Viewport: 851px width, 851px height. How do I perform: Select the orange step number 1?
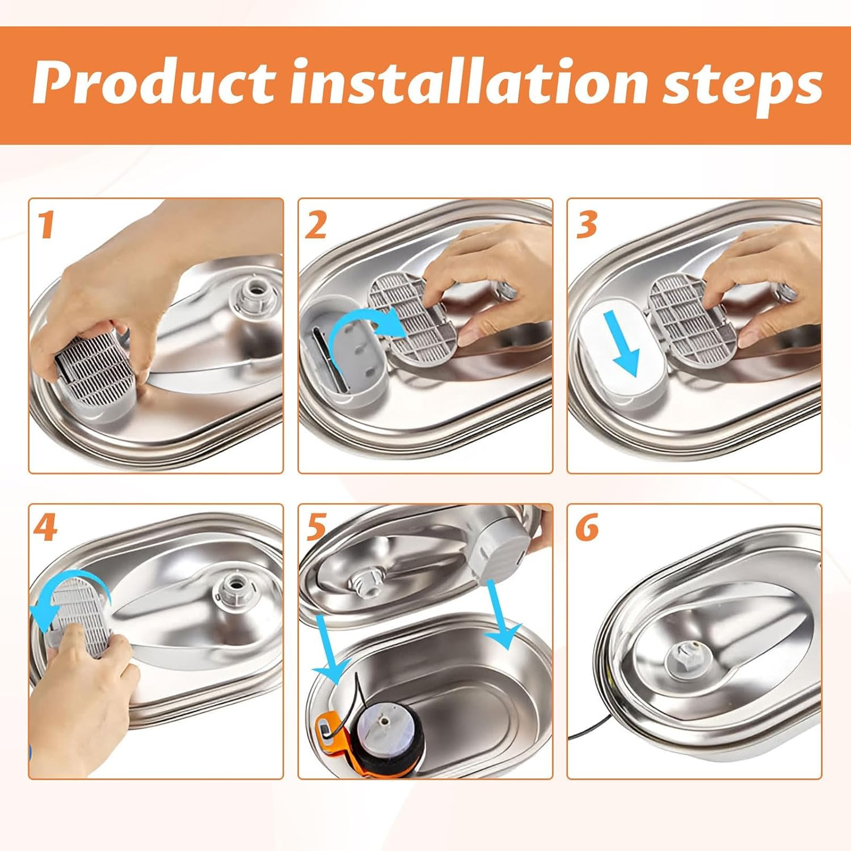(x=45, y=224)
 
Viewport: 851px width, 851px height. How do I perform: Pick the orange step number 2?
(x=316, y=224)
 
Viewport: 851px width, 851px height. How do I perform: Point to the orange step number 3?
(x=587, y=224)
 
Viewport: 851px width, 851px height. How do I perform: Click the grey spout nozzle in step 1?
(x=250, y=295)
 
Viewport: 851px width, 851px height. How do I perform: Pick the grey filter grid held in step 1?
(x=94, y=363)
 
